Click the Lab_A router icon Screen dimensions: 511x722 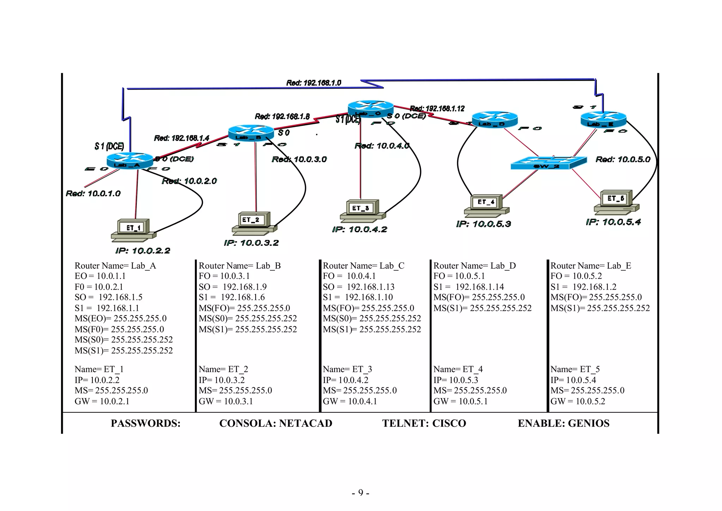130,161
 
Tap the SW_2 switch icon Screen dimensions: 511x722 548,163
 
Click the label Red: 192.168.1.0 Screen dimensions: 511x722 313,83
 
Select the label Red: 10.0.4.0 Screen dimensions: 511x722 382,146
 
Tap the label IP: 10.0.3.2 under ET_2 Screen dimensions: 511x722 251,243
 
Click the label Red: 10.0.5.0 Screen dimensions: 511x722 623,159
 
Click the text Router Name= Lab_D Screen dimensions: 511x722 474,266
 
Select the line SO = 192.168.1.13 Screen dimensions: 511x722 358,287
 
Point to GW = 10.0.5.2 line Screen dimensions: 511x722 577,401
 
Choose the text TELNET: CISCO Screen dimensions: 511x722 424,423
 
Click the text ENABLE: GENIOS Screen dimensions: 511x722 563,423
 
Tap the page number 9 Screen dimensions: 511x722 360,492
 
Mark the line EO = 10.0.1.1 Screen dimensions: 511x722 100,276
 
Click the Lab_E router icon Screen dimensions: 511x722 603,119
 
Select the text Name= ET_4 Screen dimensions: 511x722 458,369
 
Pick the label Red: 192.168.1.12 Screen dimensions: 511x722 437,109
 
